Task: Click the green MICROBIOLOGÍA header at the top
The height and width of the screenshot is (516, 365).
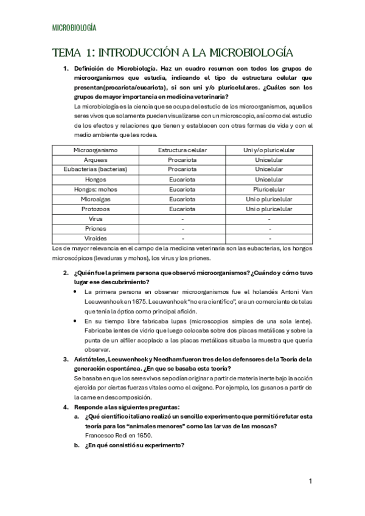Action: (x=74, y=28)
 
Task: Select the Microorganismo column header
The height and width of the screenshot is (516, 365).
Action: (x=96, y=150)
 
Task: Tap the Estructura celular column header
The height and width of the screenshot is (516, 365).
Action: (x=182, y=150)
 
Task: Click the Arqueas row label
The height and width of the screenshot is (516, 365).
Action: (x=96, y=159)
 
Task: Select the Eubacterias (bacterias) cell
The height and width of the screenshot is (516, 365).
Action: (x=96, y=169)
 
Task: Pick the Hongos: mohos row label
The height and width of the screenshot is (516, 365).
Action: (x=96, y=189)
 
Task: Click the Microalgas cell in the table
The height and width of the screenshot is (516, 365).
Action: (x=96, y=198)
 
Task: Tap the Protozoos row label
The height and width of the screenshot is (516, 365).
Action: (x=96, y=208)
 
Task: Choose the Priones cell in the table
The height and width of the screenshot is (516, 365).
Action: (x=96, y=228)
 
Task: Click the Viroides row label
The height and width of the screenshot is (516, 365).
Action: (x=96, y=238)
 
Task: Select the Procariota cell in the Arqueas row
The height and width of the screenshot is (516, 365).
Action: (x=182, y=159)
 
